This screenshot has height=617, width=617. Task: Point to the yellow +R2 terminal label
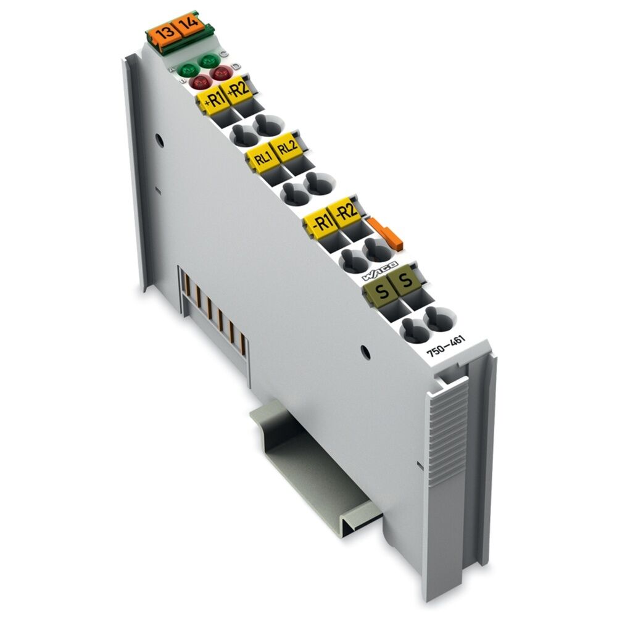[238, 92]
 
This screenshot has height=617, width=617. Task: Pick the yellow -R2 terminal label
[347, 211]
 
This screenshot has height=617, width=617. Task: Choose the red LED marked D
[220, 73]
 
